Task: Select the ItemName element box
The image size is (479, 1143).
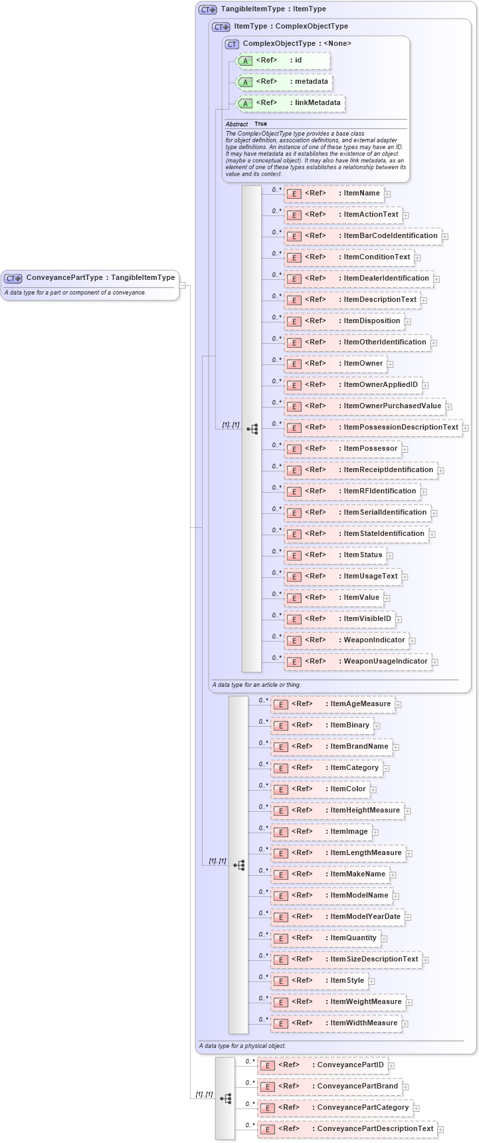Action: tap(334, 193)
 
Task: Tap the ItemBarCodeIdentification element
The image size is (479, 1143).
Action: tap(363, 236)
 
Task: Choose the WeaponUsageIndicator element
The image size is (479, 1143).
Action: tap(358, 662)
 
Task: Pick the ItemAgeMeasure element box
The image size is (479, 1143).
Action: tap(333, 704)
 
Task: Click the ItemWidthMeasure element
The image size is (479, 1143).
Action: tap(336, 1023)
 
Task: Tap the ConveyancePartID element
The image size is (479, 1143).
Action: tap(323, 1065)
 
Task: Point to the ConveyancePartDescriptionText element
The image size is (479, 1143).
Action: tap(347, 1129)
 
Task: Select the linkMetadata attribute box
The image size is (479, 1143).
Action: tap(291, 103)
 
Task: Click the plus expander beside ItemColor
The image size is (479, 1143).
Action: tap(373, 790)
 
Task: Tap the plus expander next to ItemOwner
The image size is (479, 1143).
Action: tap(391, 364)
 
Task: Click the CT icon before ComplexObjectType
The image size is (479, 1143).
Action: tap(232, 44)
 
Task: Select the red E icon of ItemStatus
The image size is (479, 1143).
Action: tap(294, 556)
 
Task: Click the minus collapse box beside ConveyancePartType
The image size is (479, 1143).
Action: tap(183, 286)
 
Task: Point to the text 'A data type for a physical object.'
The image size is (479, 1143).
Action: tap(242, 1046)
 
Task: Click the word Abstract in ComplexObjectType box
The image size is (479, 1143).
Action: tap(237, 124)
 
